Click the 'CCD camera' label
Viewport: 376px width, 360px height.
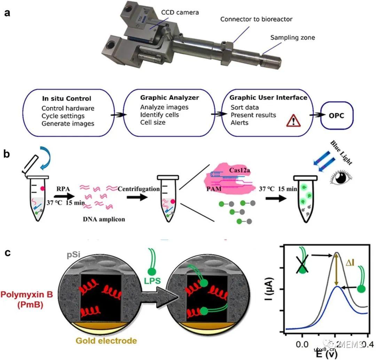[x=180, y=13]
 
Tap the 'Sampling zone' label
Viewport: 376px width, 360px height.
[x=292, y=38]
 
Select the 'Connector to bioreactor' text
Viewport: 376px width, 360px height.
[x=256, y=19]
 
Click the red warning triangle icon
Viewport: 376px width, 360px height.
[x=293, y=120]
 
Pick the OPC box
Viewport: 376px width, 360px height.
[x=337, y=115]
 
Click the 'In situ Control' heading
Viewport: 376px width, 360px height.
[x=66, y=98]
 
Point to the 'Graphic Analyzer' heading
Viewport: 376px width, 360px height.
[x=170, y=98]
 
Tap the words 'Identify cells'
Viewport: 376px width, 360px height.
[x=159, y=115]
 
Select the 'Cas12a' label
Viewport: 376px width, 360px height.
[x=239, y=170]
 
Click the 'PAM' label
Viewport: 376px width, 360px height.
[x=214, y=189]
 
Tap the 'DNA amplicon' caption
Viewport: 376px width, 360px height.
[x=104, y=219]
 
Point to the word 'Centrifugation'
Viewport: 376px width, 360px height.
[x=139, y=189]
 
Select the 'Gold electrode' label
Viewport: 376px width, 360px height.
[x=106, y=341]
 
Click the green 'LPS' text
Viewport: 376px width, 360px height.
[x=152, y=281]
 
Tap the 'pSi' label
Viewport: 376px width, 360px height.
[x=73, y=254]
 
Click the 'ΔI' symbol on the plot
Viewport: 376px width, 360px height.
[x=350, y=263]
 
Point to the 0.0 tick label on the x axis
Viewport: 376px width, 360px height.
[x=302, y=344]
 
